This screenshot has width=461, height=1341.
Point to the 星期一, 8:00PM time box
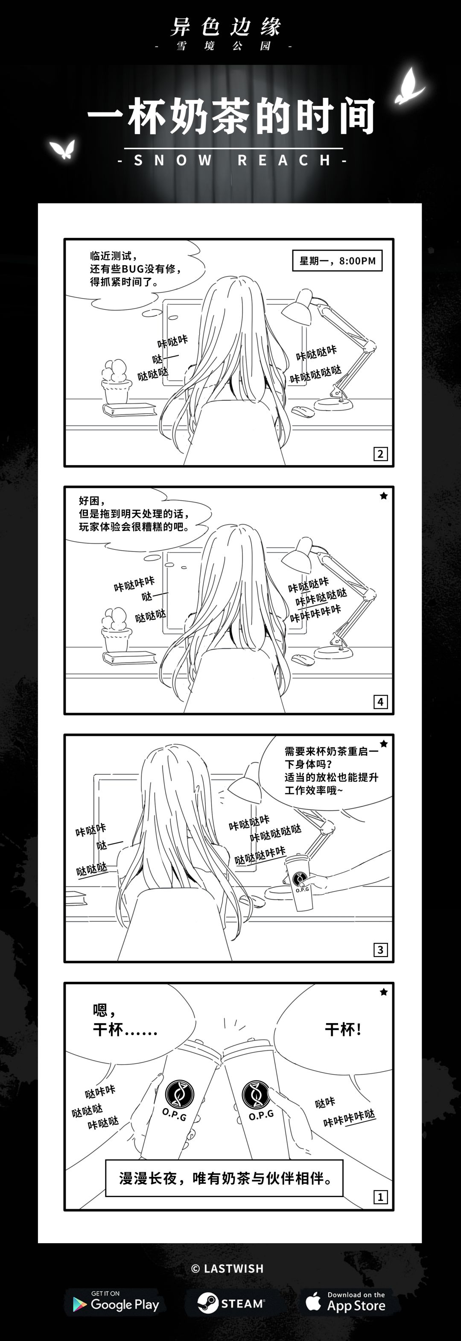coord(337,260)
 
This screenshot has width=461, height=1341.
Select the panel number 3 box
coord(380,950)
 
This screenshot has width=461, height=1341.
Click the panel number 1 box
coord(380,1197)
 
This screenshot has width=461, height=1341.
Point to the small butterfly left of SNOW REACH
coord(63,149)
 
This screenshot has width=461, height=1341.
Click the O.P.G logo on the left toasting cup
coord(179,1094)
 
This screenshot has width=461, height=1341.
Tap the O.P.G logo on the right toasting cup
coord(257,1094)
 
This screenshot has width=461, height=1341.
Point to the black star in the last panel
coord(383,992)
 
